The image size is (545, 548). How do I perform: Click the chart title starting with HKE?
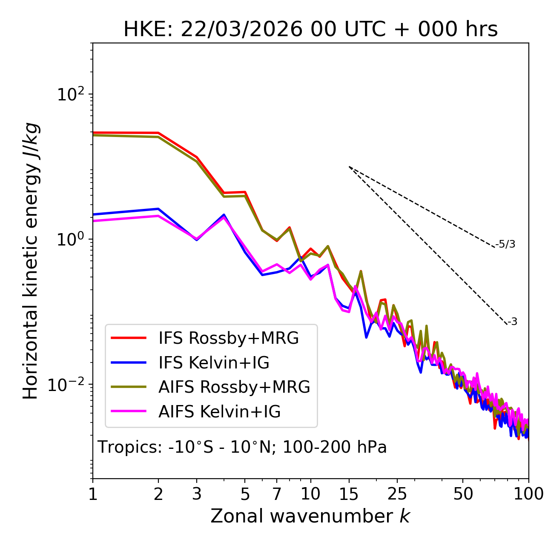pyautogui.click(x=310, y=30)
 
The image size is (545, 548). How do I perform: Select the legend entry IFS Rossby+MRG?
pyautogui.click(x=228, y=338)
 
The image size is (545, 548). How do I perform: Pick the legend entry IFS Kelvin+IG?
pyautogui.click(x=214, y=363)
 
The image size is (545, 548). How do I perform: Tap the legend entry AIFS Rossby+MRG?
pyautogui.click(x=234, y=387)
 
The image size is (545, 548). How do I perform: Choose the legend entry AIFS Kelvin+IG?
pyautogui.click(x=219, y=412)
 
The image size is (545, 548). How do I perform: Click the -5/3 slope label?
pyautogui.click(x=505, y=244)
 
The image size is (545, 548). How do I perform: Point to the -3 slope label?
pyautogui.click(x=512, y=322)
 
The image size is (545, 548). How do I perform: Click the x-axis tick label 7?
pyautogui.click(x=277, y=494)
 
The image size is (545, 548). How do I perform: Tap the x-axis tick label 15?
pyautogui.click(x=349, y=494)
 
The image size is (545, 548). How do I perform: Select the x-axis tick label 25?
pyautogui.click(x=397, y=494)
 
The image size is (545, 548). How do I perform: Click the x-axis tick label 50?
pyautogui.click(x=463, y=494)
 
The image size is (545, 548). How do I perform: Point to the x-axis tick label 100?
pyautogui.click(x=528, y=494)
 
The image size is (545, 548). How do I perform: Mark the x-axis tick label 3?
pyautogui.click(x=197, y=494)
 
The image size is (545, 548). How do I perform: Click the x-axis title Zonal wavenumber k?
pyautogui.click(x=310, y=516)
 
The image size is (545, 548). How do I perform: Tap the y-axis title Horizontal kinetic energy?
pyautogui.click(x=31, y=261)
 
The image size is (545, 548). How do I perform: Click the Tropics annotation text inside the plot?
pyautogui.click(x=242, y=447)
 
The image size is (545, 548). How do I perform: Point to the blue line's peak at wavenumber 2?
pyautogui.click(x=158, y=209)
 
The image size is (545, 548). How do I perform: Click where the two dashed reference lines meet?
pyautogui.click(x=349, y=167)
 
